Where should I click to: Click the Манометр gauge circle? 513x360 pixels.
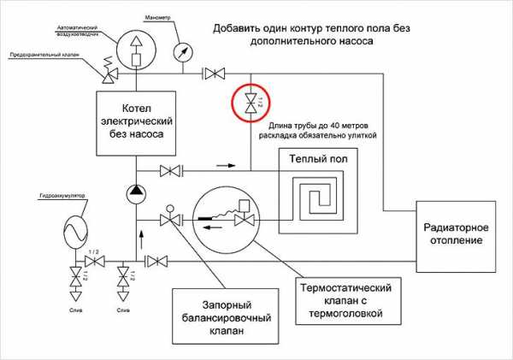click(x=182, y=50)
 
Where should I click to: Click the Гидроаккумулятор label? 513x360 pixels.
click(x=62, y=196)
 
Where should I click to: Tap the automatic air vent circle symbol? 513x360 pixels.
click(x=135, y=50)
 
